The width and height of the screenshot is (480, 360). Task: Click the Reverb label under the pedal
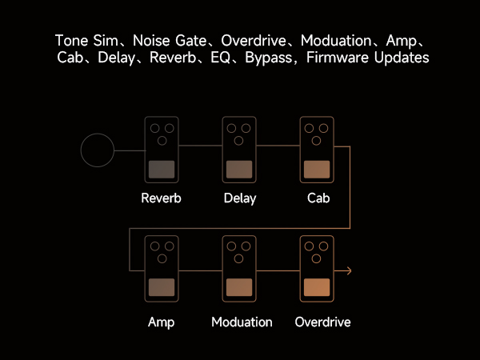(161, 198)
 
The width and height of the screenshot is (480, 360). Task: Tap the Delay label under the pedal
(240, 198)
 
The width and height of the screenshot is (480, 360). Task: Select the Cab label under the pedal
(318, 198)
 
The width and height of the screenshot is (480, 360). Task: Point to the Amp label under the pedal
(161, 322)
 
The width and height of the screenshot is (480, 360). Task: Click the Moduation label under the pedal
(242, 322)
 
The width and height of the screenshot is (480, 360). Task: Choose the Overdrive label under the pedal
(322, 322)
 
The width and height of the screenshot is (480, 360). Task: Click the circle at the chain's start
(97, 150)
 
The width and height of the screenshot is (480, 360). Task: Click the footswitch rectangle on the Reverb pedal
(162, 169)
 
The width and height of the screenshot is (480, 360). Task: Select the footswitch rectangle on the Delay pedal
(240, 169)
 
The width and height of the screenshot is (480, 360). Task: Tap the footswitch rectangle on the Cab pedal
(317, 169)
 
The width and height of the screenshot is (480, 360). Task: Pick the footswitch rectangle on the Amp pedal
(162, 288)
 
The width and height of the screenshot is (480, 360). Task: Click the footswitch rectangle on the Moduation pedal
(240, 288)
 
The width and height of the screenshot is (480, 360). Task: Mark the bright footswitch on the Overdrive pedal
(317, 288)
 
